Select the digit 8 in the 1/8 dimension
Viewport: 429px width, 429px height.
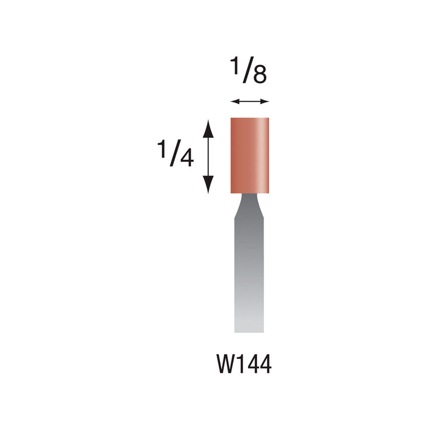pos(259,75)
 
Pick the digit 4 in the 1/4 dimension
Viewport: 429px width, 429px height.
pos(186,158)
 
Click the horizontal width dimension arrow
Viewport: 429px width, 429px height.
pos(249,102)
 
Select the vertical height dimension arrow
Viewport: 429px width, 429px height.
pos(208,157)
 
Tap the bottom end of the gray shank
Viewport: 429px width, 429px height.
pos(249,330)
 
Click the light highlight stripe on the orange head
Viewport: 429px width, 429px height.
pos(261,155)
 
